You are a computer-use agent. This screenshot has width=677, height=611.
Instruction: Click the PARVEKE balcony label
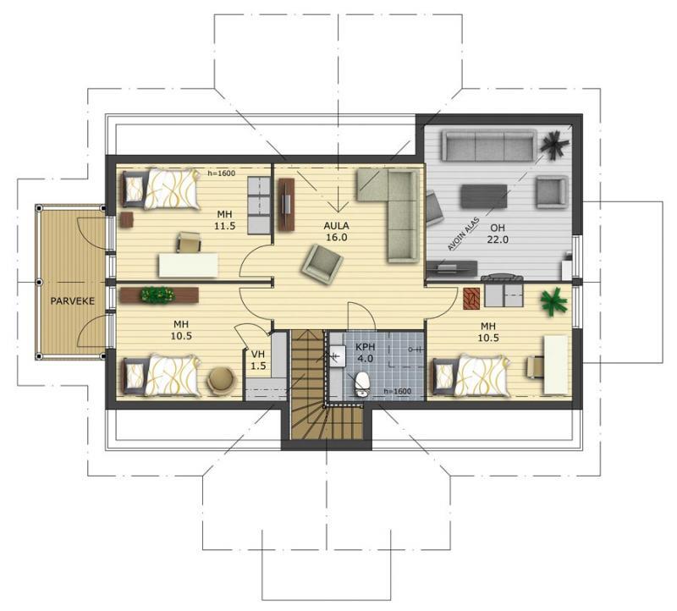(x=72, y=301)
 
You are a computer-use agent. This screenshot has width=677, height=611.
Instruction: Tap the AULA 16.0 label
(x=336, y=231)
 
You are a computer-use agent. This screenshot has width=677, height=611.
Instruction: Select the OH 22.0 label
(x=498, y=234)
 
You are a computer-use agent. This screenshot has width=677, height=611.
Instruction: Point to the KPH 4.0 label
(x=365, y=353)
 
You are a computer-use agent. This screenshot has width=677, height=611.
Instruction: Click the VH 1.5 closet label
(x=258, y=361)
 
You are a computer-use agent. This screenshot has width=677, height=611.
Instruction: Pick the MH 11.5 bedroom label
(x=224, y=220)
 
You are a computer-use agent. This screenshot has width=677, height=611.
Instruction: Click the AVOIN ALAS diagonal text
(x=464, y=234)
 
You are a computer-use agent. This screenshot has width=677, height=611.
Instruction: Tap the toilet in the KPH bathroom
(x=362, y=384)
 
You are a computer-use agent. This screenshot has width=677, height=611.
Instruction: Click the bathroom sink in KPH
(x=337, y=355)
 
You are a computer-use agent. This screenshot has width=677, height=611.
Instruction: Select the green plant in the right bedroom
(x=553, y=301)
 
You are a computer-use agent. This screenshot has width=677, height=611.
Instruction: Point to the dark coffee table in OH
(x=484, y=196)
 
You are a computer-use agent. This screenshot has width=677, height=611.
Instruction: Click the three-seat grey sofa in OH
(x=489, y=146)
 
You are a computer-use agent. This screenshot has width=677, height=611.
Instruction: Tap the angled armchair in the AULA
(x=322, y=264)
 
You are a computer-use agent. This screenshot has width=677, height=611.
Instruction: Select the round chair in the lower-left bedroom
(x=222, y=381)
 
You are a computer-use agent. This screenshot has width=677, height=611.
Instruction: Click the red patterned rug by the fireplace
(x=472, y=299)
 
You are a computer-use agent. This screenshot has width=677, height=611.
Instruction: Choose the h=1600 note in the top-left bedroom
(x=221, y=173)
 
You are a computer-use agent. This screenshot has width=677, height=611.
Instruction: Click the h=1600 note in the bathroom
(x=397, y=391)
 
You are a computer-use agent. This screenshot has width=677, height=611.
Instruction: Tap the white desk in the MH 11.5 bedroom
(x=188, y=265)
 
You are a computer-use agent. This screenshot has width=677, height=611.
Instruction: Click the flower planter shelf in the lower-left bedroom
(x=159, y=295)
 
